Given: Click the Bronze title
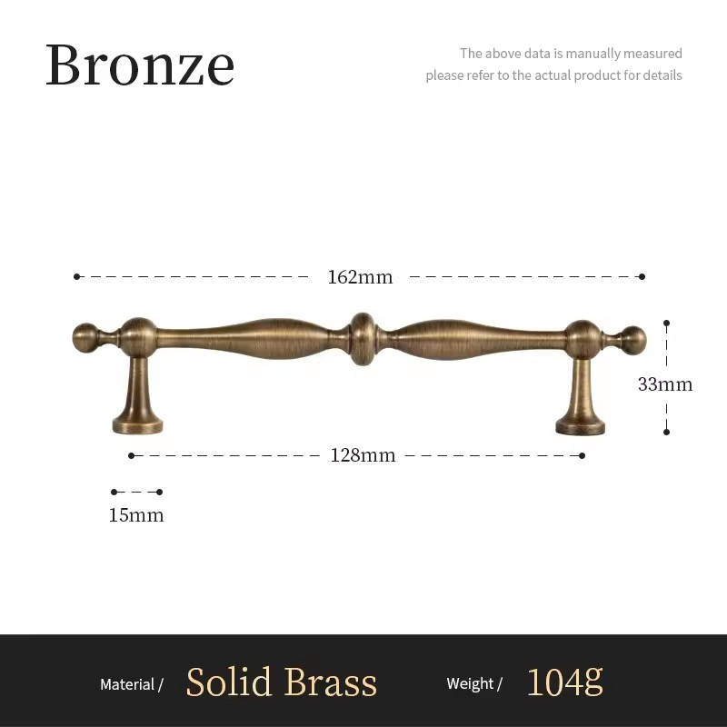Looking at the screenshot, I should (x=140, y=65).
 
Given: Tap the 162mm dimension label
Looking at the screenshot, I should (x=360, y=277).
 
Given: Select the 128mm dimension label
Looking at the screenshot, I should (x=363, y=455).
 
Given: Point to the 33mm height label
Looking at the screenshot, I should (x=664, y=384).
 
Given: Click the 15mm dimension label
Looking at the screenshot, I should (x=136, y=515).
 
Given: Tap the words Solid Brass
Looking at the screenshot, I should (x=281, y=682).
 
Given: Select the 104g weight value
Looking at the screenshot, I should (x=564, y=682).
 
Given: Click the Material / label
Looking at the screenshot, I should (x=131, y=684).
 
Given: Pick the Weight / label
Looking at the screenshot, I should (x=473, y=684).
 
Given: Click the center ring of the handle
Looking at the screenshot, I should (x=363, y=339).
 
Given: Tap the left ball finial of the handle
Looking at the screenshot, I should (x=85, y=338).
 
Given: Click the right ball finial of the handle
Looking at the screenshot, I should (x=633, y=340).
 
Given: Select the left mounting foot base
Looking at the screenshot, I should (x=137, y=423).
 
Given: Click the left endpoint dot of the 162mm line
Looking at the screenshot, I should (x=77, y=276).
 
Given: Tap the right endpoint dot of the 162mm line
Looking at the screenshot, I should (x=642, y=276).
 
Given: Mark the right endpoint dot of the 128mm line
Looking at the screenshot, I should (x=582, y=455).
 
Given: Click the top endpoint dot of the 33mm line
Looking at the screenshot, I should (x=666, y=323).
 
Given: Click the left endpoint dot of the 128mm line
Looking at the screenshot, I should (x=132, y=455).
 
